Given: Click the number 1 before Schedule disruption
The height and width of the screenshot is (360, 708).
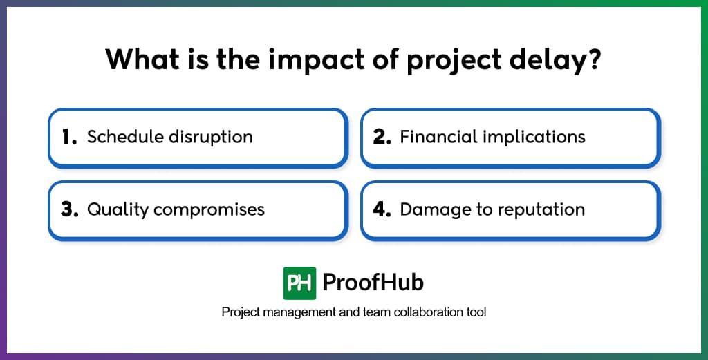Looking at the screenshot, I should point(68,138).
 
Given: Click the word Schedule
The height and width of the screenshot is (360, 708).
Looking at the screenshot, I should point(122,137).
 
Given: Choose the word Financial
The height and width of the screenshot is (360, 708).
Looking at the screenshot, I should point(436,137).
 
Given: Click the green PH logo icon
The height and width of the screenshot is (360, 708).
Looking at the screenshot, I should point(299,283).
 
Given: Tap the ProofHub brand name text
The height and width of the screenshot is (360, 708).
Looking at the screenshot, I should point(373,283).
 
